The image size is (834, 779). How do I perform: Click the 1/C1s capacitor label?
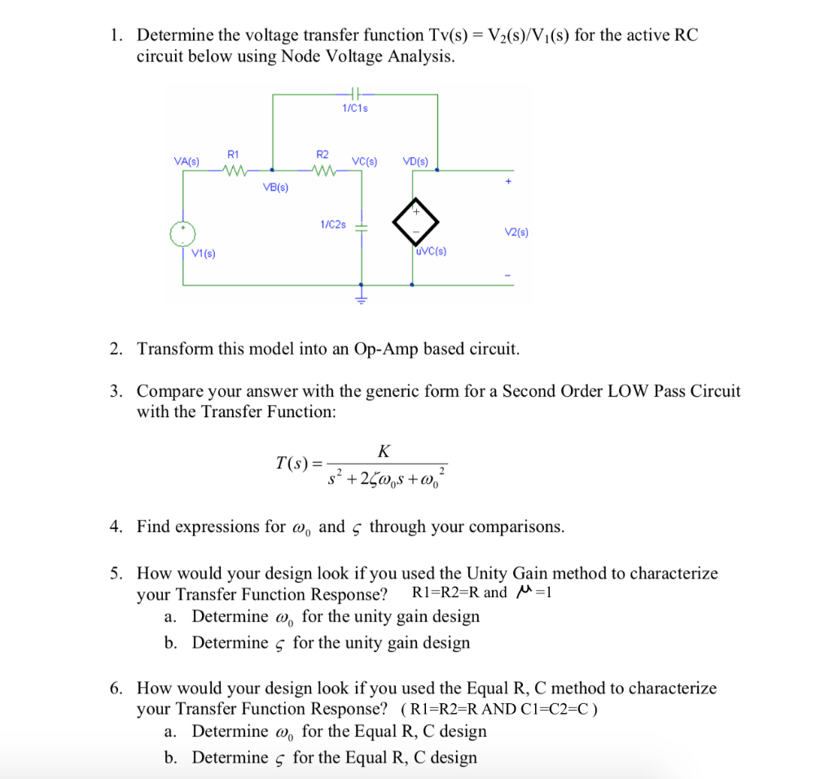[355, 108]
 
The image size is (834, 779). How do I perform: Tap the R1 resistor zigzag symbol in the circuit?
[234, 170]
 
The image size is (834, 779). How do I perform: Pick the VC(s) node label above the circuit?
[364, 161]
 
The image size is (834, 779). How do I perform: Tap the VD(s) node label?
[415, 161]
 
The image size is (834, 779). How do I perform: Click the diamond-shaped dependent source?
[415, 220]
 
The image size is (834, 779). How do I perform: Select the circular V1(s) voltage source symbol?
[183, 233]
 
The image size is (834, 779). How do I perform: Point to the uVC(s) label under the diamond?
[431, 251]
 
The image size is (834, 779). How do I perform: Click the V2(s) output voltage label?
[516, 233]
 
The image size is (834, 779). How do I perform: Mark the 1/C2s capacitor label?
[333, 223]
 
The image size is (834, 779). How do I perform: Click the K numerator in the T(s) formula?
[384, 451]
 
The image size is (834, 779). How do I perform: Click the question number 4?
[116, 526]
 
